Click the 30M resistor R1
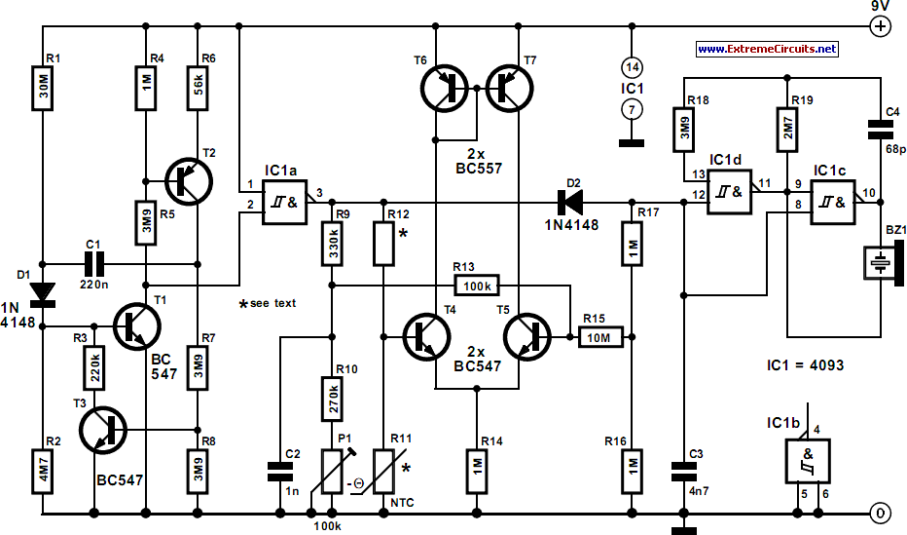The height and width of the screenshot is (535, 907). coord(42,88)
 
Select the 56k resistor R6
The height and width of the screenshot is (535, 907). coord(198,88)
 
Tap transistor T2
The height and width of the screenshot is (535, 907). coord(189,181)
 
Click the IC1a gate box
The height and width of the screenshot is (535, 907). coord(284,202)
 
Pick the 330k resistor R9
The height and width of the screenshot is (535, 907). coord(332,244)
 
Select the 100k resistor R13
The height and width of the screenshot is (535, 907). coord(477,286)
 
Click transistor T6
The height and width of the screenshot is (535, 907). coord(444,88)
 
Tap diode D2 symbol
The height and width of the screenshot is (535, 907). coord(569,202)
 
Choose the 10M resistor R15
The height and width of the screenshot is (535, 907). coord(601,337)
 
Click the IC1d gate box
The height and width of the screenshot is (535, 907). coord(730,192)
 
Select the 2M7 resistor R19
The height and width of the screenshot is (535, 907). coord(786,129)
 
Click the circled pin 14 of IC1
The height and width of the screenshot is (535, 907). coord(632,67)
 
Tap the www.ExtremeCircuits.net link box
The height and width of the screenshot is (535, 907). coord(767,49)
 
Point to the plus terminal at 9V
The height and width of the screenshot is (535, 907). coord(881,26)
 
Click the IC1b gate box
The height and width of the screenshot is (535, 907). coord(808,461)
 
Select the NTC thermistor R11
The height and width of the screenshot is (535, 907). coord(383,472)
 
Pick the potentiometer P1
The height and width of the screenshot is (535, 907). coord(332,472)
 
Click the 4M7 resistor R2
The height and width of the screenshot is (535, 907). coord(42,472)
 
